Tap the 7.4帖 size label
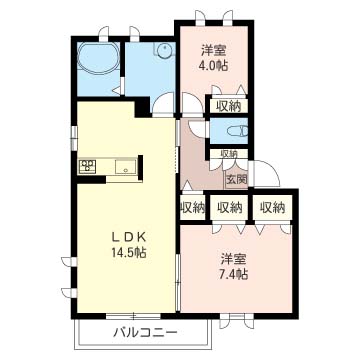point(235,272)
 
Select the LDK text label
point(129,237)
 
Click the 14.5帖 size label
point(129,254)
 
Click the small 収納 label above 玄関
point(228,153)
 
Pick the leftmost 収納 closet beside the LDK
point(193,207)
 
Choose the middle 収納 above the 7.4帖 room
point(229,207)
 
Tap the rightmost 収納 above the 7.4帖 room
point(267,207)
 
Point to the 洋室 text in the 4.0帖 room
point(210,50)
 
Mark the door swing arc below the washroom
point(163,103)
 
